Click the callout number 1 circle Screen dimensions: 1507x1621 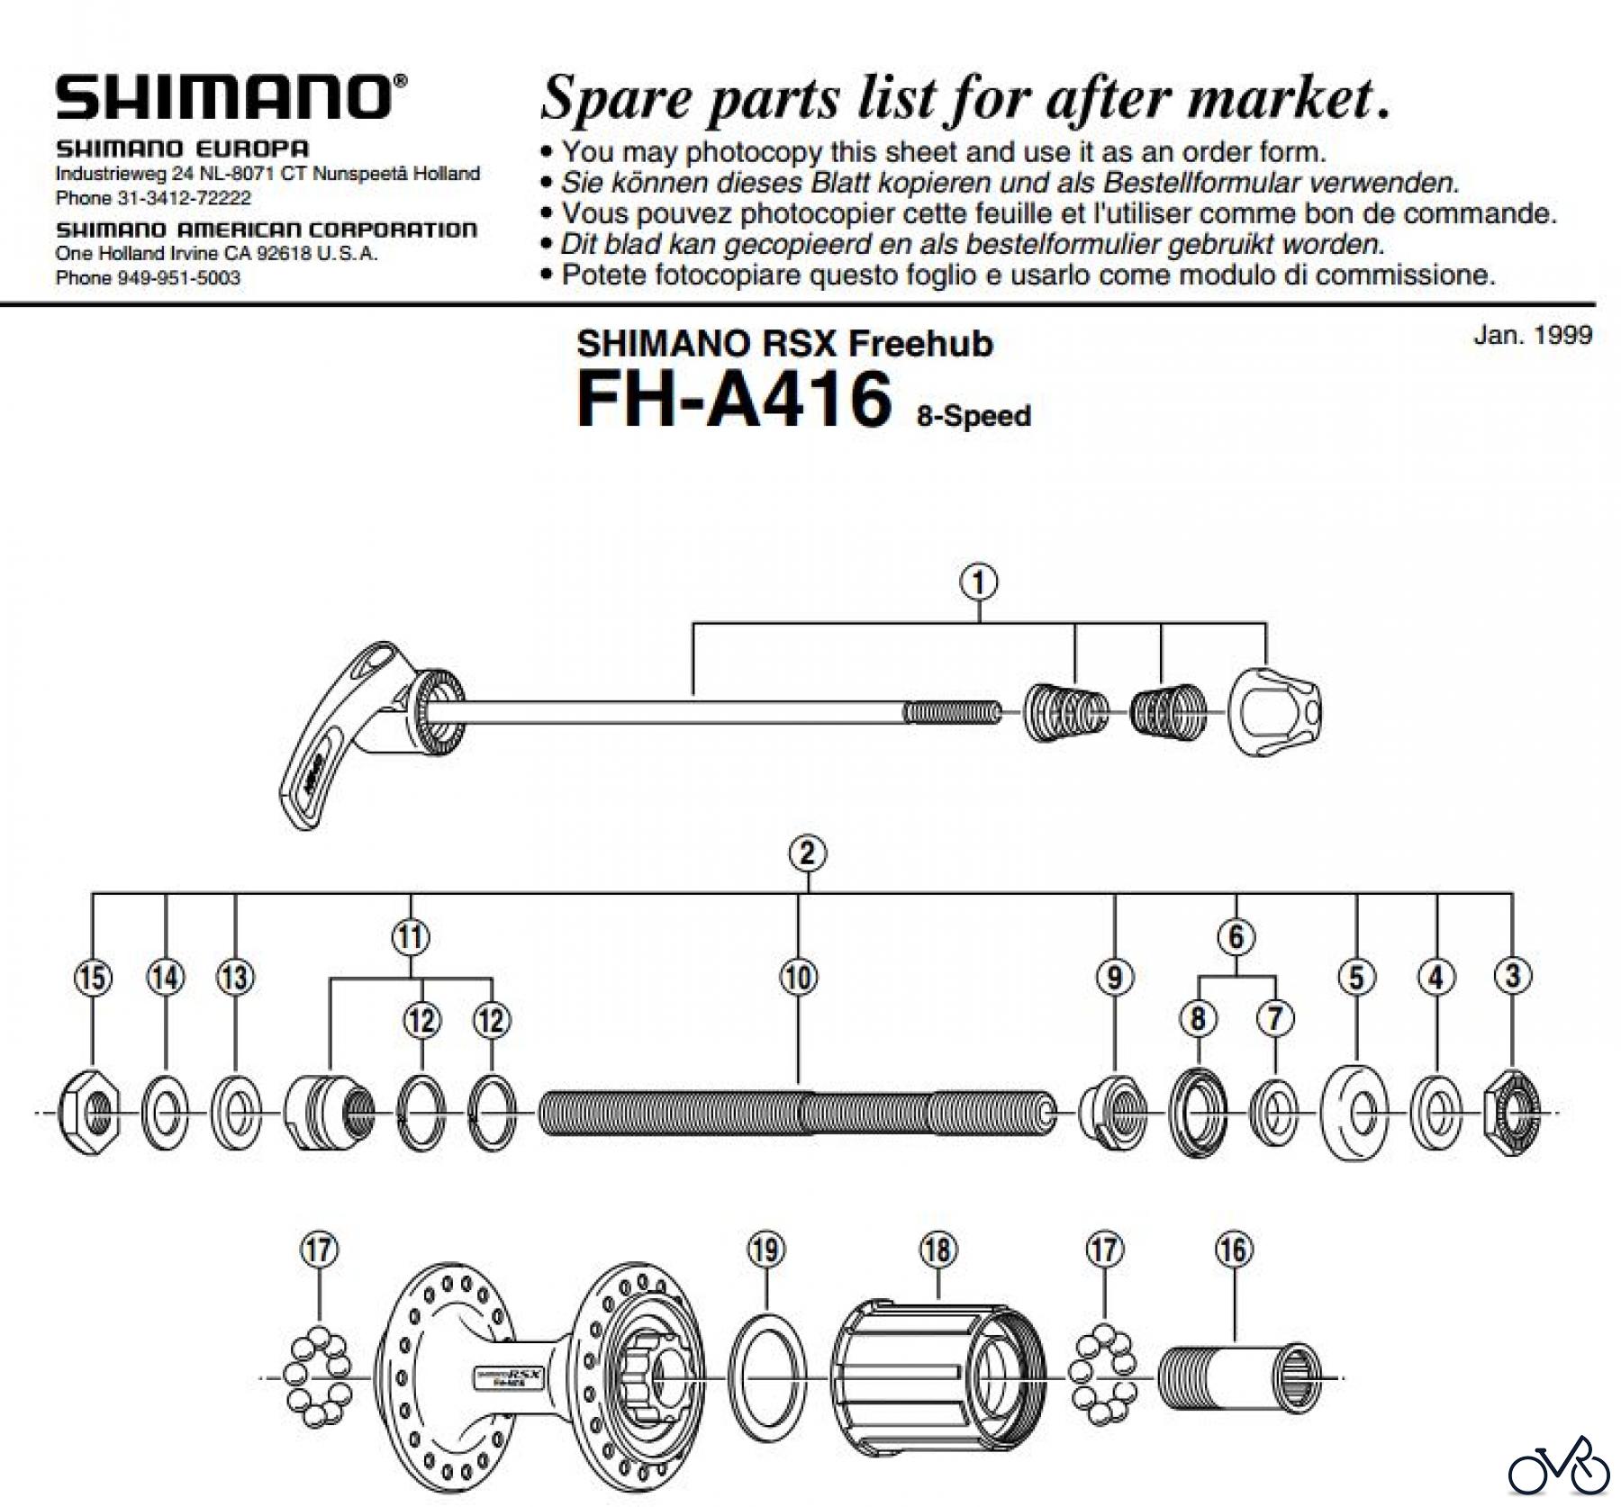pyautogui.click(x=980, y=582)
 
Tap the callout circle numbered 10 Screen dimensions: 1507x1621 pyautogui.click(x=799, y=977)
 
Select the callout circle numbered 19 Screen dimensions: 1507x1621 pyautogui.click(x=765, y=1250)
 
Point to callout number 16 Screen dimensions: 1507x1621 pyautogui.click(x=1234, y=1250)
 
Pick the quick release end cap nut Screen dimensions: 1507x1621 pyautogui.click(x=1276, y=711)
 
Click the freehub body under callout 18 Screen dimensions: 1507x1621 pyautogui.click(x=937, y=1378)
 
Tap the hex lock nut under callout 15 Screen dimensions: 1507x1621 pyautogui.click(x=90, y=1114)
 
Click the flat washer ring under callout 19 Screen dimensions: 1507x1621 pyautogui.click(x=765, y=1378)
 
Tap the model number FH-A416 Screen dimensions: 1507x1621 pyautogui.click(x=734, y=397)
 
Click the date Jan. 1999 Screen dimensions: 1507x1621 pyautogui.click(x=1532, y=335)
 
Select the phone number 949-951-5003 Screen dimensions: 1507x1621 pyautogui.click(x=178, y=278)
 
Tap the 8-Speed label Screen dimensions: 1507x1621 pyautogui.click(x=974, y=416)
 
